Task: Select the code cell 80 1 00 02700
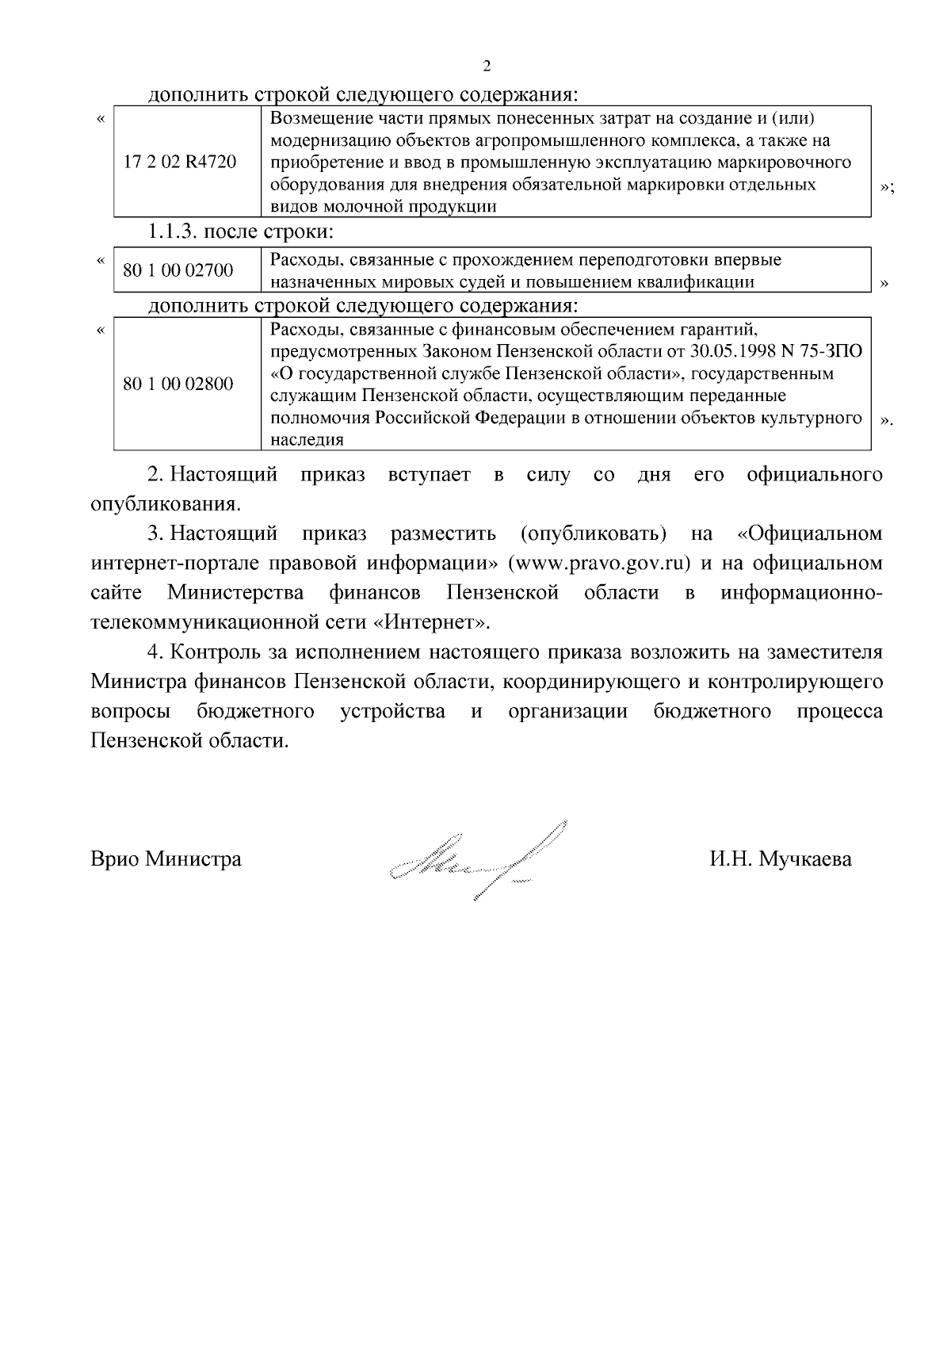click(x=178, y=271)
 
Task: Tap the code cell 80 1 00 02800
click(x=178, y=384)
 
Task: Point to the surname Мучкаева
click(x=805, y=859)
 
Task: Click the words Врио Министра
click(x=166, y=859)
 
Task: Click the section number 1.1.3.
click(x=172, y=233)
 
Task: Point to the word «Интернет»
click(x=431, y=622)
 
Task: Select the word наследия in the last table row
click(x=307, y=440)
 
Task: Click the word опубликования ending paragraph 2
click(x=164, y=504)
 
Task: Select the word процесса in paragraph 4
click(x=839, y=711)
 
